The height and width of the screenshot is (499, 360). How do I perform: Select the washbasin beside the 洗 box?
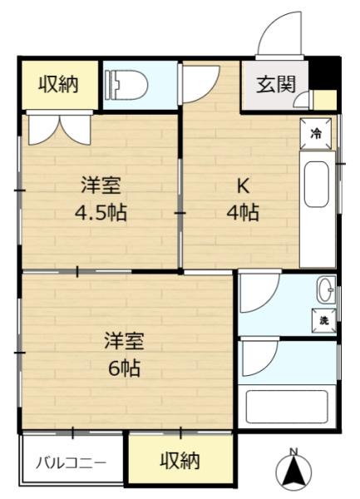[324, 289]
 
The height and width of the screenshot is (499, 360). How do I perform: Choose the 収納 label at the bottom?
[180, 459]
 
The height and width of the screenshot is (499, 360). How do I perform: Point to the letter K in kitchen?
[244, 185]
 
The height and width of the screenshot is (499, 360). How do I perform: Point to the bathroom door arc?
[258, 359]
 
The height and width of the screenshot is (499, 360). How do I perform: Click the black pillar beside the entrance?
[325, 70]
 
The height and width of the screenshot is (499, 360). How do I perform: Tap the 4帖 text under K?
[244, 212]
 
